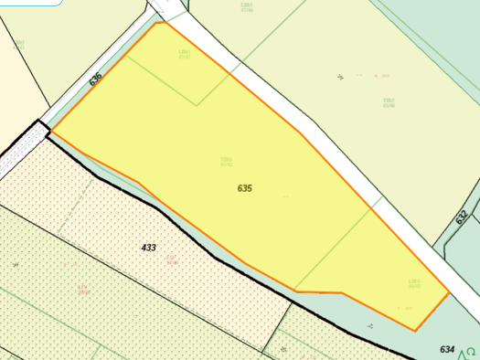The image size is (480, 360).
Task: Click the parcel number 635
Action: click(x=244, y=188)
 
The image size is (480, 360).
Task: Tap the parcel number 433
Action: click(x=148, y=248)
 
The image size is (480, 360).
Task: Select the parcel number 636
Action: click(x=95, y=79)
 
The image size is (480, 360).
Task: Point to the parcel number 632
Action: click(x=462, y=217)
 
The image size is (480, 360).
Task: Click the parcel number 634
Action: click(x=447, y=349)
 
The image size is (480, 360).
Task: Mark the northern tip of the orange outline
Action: click(x=158, y=23)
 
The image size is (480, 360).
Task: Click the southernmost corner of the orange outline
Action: click(x=416, y=331)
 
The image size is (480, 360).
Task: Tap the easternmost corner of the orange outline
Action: click(x=449, y=293)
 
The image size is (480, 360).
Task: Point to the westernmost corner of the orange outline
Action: click(x=50, y=132)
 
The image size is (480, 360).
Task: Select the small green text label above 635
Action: click(x=226, y=162)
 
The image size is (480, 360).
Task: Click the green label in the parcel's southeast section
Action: click(x=414, y=283)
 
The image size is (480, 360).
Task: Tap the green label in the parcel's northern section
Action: click(x=184, y=54)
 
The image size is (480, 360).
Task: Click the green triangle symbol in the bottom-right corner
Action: click(x=472, y=351)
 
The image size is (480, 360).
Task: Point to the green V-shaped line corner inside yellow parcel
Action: click(x=197, y=105)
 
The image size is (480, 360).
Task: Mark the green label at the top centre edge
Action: click(x=247, y=7)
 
